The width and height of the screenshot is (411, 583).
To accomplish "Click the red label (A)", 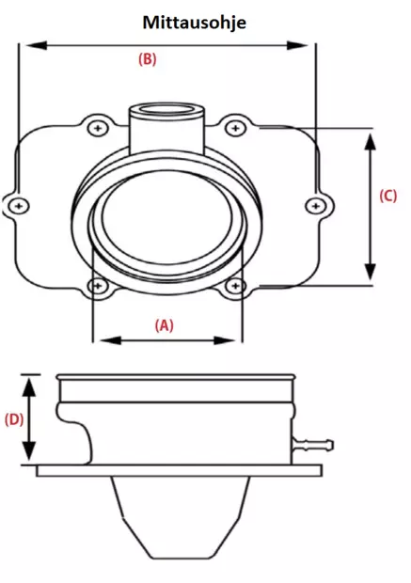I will point(164,324).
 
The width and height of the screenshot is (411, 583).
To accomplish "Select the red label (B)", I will point(147,58).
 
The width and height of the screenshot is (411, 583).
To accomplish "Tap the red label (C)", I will point(387,196).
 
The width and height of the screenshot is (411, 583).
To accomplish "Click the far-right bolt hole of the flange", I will point(316,204).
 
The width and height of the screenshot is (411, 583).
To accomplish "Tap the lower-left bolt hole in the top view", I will point(95,285).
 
